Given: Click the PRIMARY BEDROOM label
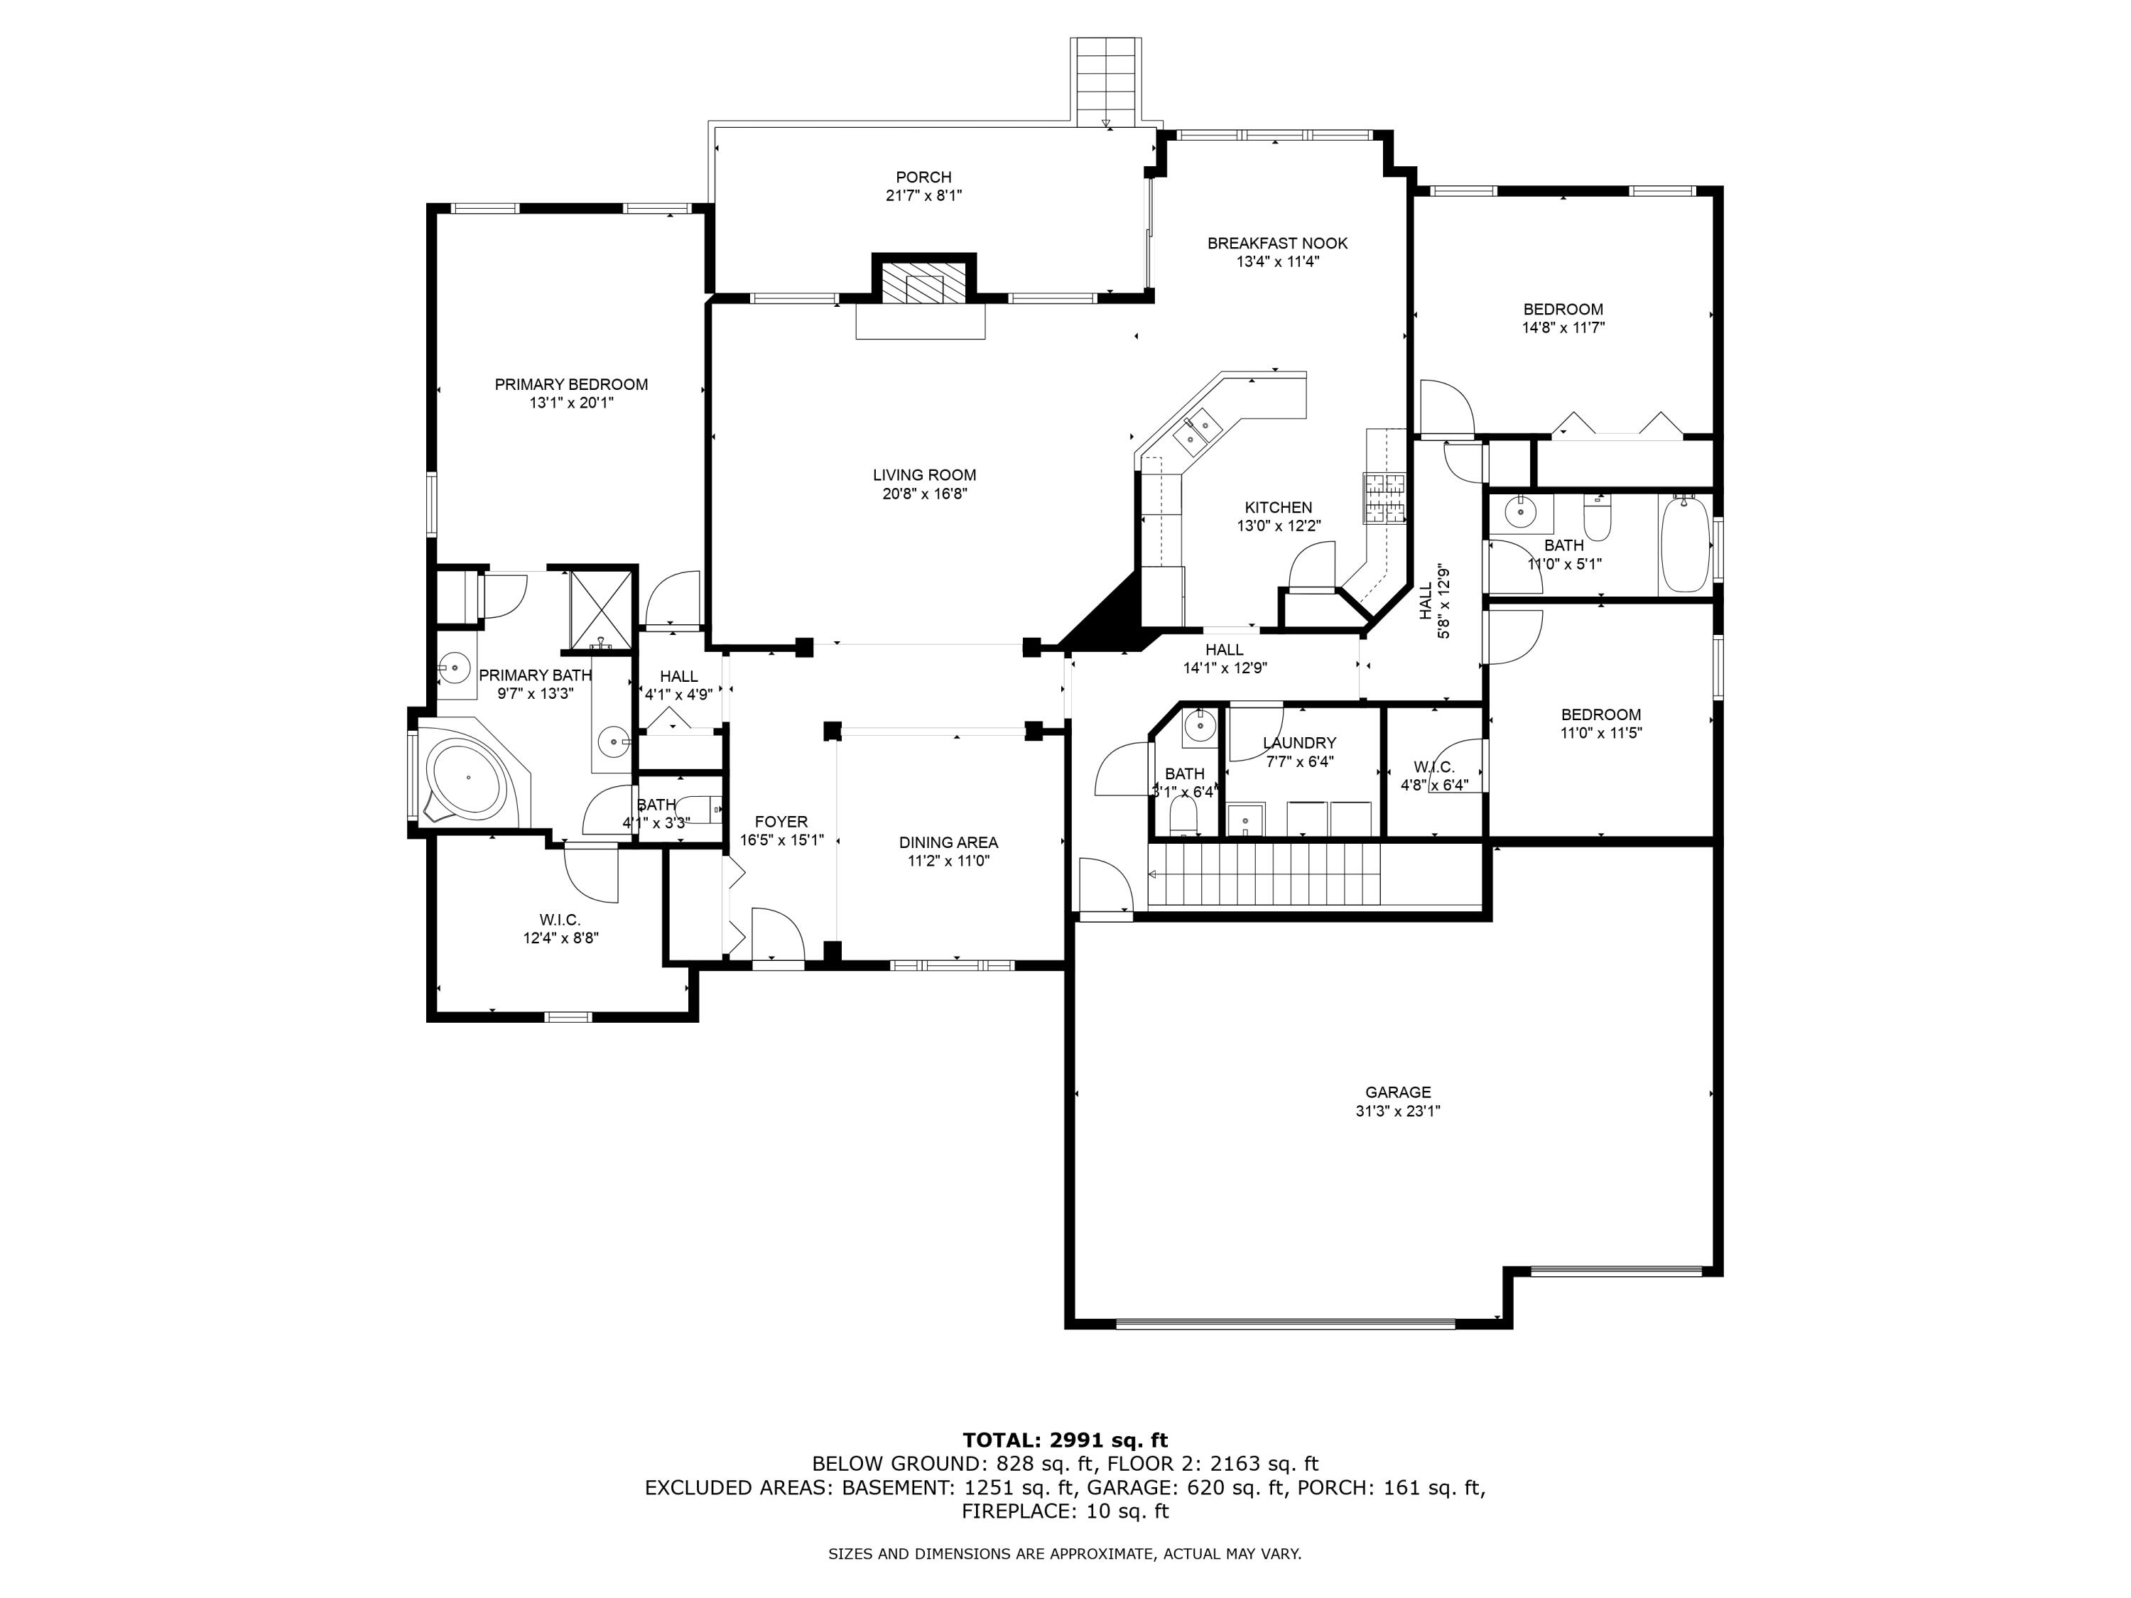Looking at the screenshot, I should pyautogui.click(x=570, y=384).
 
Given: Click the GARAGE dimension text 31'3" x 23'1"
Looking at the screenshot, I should pyautogui.click(x=1397, y=1111).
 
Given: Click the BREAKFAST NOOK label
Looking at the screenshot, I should pyautogui.click(x=1276, y=244).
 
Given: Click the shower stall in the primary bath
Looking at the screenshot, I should pyautogui.click(x=601, y=600).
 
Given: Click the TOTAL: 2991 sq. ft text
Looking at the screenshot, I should pyautogui.click(x=1065, y=1440).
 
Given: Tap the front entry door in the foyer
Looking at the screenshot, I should pyautogui.click(x=776, y=935).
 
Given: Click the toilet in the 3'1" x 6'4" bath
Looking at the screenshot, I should pyautogui.click(x=1182, y=817).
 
